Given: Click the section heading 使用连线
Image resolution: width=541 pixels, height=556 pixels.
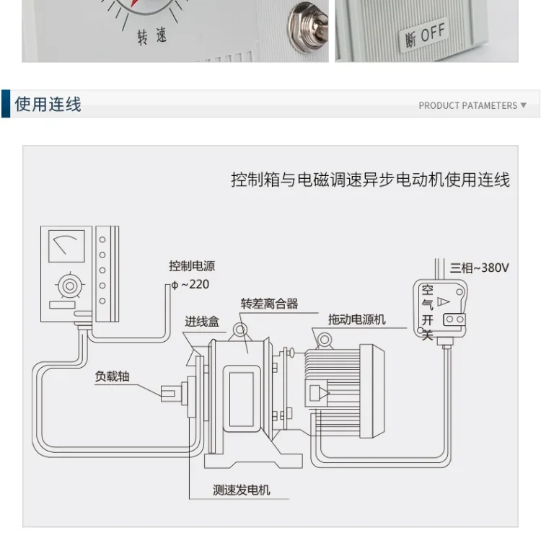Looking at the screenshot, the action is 48,105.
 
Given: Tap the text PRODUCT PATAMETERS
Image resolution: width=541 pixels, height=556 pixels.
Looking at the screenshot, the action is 468,106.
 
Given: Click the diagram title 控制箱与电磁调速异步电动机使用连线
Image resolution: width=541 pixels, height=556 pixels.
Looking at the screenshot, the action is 370,180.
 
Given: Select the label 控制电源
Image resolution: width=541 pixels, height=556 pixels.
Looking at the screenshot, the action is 192,266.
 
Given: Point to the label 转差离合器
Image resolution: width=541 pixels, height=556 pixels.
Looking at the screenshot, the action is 269,304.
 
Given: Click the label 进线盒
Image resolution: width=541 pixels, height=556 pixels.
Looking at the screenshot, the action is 202,322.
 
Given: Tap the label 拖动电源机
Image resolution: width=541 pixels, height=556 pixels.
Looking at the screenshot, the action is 356,319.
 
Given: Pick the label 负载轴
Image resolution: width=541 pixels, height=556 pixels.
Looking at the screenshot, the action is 112,376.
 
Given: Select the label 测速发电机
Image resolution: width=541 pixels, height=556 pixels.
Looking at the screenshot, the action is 241,490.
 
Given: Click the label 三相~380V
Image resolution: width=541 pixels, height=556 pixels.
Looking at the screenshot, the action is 479,268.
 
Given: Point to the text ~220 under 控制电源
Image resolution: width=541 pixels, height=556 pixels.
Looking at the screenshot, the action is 195,284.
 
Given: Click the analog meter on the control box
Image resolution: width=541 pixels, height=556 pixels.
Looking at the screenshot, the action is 66,246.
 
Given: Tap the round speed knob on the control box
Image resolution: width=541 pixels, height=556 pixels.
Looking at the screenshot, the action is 70,286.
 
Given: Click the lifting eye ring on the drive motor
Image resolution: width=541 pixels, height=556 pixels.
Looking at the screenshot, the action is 325,340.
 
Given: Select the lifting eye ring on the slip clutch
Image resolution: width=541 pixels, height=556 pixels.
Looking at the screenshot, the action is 239,330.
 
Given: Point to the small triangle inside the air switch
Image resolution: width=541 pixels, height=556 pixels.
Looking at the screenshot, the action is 444,301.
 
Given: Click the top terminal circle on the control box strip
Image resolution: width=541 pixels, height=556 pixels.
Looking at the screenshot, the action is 102,239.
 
